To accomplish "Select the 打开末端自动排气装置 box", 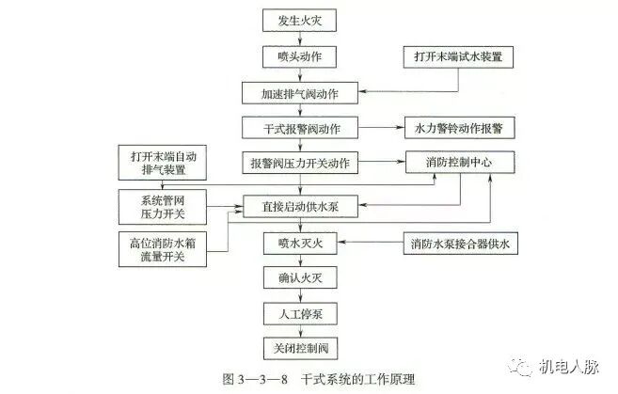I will click(x=165, y=163).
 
